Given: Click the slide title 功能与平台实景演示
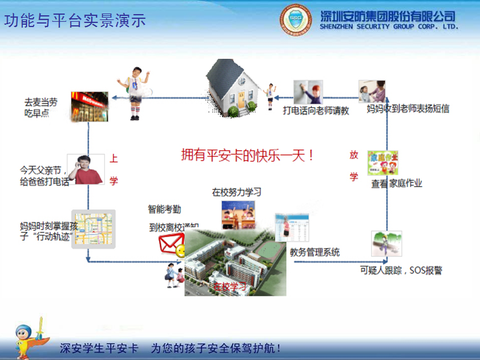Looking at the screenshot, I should point(75,21).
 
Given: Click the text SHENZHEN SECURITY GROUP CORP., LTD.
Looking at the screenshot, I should point(389,27).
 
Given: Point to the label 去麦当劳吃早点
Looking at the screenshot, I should point(41,108).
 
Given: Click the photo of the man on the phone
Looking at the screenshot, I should point(85,169).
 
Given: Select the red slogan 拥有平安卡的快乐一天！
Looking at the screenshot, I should point(247,156).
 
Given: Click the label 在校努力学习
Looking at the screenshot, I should point(236,192).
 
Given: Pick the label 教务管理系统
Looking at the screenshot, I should point(315,252).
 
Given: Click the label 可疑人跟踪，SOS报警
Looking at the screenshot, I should point(401,271).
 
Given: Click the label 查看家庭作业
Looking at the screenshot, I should point(396,184).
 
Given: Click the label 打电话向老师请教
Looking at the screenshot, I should point(316,110).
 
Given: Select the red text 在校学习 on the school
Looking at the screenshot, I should point(229,286).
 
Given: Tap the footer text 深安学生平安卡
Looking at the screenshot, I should point(99,348).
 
